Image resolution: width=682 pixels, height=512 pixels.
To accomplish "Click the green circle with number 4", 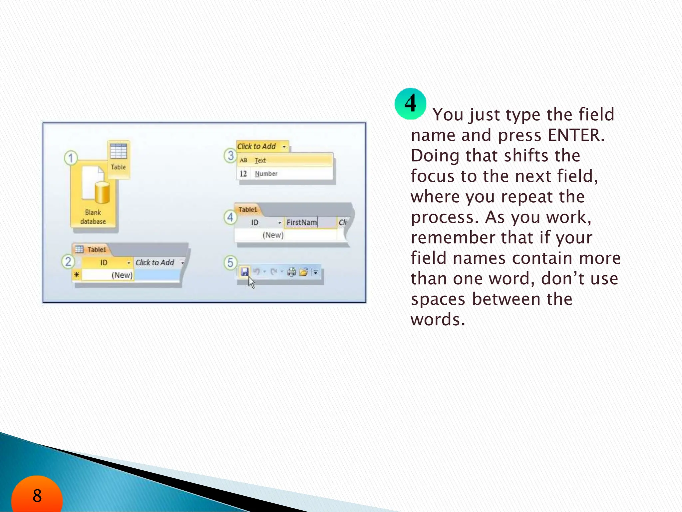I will (410, 104).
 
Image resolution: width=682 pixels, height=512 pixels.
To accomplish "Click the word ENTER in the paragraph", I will (576, 135).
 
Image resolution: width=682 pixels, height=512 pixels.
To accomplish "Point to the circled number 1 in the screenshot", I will (71, 158).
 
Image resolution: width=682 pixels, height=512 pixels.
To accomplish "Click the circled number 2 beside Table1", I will (68, 262).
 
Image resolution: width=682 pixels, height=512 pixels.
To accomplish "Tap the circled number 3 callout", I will (230, 156).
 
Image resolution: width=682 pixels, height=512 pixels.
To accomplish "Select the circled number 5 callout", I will (230, 263).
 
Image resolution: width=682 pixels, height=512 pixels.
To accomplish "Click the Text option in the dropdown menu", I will (260, 161).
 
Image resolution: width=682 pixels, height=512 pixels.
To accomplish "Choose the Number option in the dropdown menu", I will (266, 174).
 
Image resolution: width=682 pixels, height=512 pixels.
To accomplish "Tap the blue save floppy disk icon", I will (244, 272).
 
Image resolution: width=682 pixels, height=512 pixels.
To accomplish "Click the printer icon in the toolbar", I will (291, 272).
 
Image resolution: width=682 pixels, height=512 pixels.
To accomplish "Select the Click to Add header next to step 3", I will (256, 146).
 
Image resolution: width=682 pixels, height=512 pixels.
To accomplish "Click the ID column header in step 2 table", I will (104, 263).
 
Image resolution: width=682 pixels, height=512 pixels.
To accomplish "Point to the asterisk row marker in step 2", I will (77, 275).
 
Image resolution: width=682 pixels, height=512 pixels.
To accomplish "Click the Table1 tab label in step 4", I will (248, 210).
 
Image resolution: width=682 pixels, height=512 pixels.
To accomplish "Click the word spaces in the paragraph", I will (438, 299).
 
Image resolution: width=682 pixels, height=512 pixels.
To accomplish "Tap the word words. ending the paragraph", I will (438, 320).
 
